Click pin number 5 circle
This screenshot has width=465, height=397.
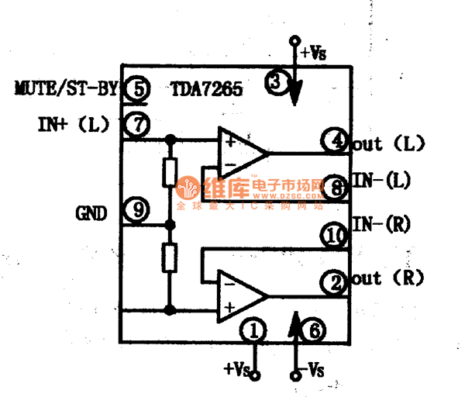click(136, 89)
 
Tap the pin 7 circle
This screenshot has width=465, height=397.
click(136, 124)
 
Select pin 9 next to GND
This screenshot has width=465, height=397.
click(136, 210)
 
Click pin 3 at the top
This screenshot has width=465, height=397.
click(277, 81)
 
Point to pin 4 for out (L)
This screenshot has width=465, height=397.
click(335, 143)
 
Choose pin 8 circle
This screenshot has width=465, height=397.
click(336, 187)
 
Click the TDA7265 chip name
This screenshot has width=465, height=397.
click(206, 89)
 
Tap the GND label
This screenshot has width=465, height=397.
click(91, 211)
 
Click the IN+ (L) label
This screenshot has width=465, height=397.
click(74, 124)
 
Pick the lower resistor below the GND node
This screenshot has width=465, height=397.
click(170, 257)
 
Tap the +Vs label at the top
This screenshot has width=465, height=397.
click(313, 53)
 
